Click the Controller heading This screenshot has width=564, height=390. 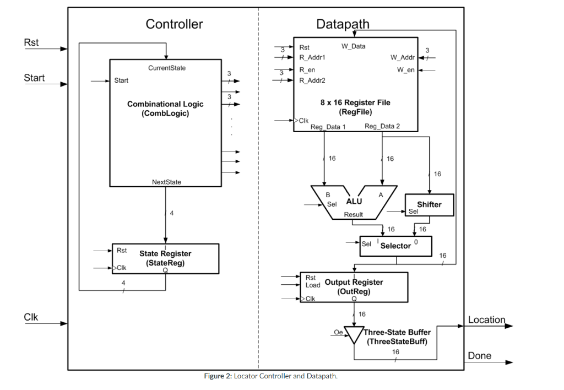(x=174, y=24)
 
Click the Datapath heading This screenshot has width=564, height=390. (x=343, y=24)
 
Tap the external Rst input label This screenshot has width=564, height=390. (x=31, y=42)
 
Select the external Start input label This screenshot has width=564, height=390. (x=34, y=78)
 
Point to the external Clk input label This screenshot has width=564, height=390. (x=31, y=317)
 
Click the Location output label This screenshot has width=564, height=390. (x=486, y=320)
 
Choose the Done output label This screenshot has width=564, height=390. (x=479, y=356)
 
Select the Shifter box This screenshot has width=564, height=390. (x=429, y=205)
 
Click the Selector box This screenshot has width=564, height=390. (x=395, y=246)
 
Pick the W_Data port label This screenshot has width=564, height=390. (x=353, y=46)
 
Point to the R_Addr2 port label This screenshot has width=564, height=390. (x=312, y=80)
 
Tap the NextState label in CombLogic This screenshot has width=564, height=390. (x=166, y=182)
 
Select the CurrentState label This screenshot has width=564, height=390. (x=167, y=68)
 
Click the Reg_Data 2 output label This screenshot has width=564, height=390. (x=382, y=127)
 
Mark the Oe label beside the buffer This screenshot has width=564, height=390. (x=338, y=332)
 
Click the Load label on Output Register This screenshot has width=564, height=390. (x=313, y=285)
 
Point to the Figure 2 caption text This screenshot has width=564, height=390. (x=270, y=376)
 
